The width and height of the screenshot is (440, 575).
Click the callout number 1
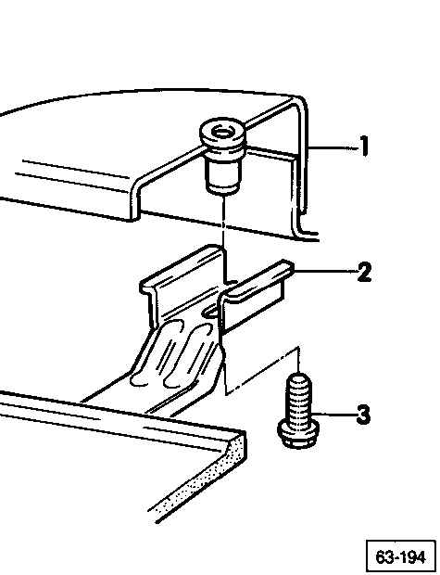[x=363, y=147]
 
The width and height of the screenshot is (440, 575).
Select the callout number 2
[x=364, y=272]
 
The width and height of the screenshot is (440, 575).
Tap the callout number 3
[x=363, y=415]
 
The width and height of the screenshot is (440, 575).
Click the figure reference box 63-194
[x=401, y=557]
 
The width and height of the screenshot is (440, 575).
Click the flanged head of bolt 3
[x=298, y=434]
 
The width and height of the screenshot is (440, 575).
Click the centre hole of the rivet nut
[x=221, y=132]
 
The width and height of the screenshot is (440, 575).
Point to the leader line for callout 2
[x=325, y=272]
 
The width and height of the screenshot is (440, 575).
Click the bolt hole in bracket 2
[x=211, y=312]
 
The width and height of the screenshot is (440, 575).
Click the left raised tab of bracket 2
[x=182, y=279]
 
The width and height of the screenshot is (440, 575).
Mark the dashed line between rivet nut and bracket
[x=223, y=239]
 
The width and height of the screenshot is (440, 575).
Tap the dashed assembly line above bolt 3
[x=263, y=370]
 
